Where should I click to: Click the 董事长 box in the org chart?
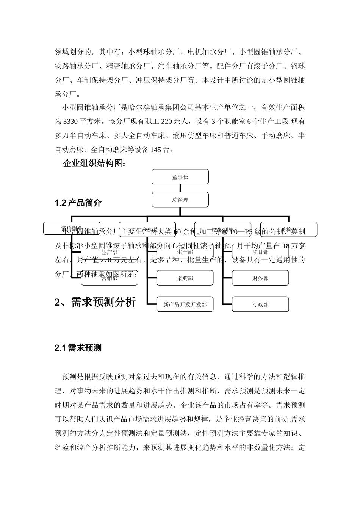pos(180,177)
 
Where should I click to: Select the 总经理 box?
pos(180,200)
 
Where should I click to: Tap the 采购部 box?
pos(185,278)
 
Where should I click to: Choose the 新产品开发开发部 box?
pos(185,304)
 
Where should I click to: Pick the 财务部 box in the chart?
pos(260,278)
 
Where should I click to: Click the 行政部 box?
pos(260,304)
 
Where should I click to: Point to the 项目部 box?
pos(260,252)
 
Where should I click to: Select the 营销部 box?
pos(110,278)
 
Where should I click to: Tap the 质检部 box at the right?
pos(289,229)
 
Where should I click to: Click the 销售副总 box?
pos(72,228)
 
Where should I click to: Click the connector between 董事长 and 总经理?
pos(180,188)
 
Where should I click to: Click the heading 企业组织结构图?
pos(94,164)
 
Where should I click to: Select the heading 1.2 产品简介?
pos(78,203)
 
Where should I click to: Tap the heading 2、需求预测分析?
pos(95,302)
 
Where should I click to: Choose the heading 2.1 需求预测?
pos(78,348)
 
